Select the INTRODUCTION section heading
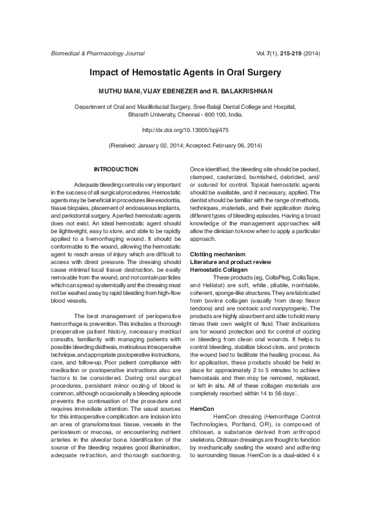click(116, 169)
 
